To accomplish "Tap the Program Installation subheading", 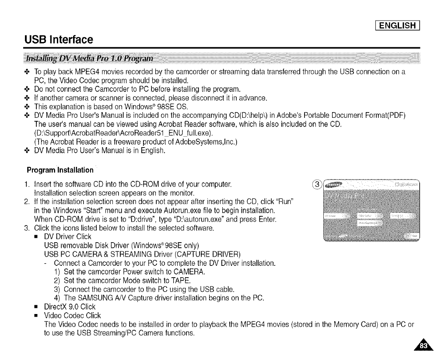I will click(60, 169).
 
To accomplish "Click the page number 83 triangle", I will click(423, 347).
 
